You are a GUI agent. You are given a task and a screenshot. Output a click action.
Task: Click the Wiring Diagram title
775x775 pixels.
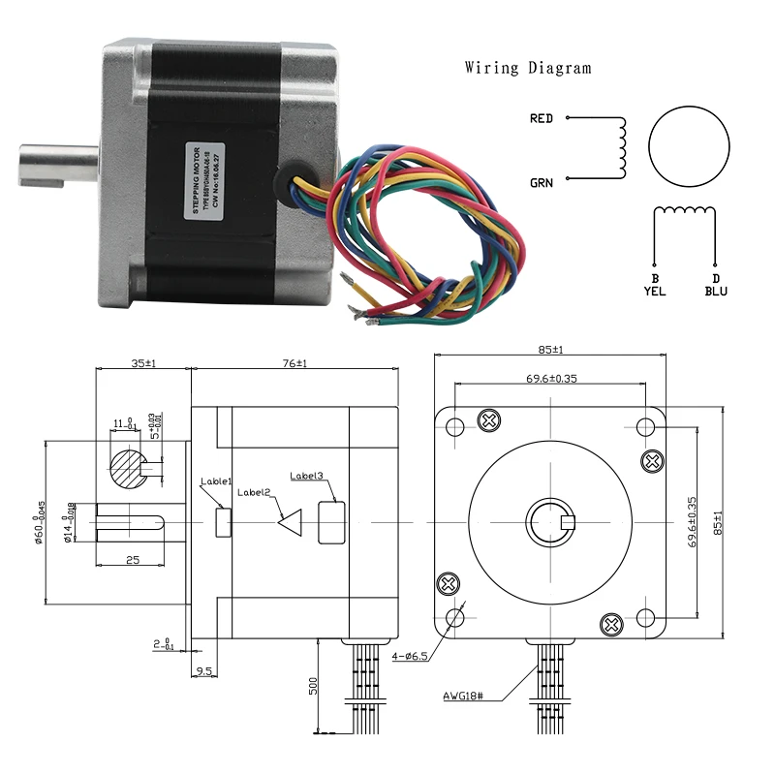click(527, 68)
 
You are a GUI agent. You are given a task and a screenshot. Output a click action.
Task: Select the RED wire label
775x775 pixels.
click(542, 119)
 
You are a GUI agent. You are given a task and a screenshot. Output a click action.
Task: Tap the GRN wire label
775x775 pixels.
click(542, 182)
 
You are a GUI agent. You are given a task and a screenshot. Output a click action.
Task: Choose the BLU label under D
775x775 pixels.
click(716, 291)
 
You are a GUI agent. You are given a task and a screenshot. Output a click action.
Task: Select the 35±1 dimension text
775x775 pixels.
click(143, 363)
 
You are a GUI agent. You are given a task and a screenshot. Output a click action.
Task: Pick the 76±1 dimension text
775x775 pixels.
click(294, 363)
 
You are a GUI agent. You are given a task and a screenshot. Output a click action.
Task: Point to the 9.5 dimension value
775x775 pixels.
click(204, 669)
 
